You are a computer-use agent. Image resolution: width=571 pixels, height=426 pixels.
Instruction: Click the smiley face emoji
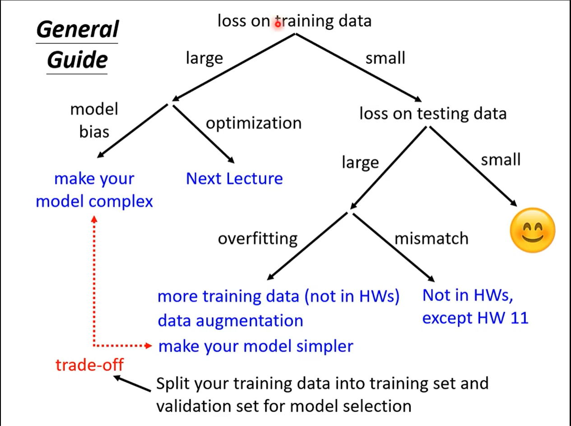pos(532,230)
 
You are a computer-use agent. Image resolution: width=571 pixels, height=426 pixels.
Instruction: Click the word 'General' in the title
pos(77,30)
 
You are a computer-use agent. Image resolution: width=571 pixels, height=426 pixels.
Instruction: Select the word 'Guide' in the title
pos(77,60)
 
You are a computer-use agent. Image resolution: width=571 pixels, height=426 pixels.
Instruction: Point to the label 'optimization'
pos(254,123)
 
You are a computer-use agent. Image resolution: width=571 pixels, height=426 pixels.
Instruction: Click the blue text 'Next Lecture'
pos(234,179)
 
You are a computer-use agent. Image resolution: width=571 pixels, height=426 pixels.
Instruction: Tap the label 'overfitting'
pos(258,238)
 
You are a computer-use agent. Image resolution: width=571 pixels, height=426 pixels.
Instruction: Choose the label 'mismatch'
pos(432,238)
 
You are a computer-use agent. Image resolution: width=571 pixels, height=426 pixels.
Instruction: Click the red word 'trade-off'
pos(89,365)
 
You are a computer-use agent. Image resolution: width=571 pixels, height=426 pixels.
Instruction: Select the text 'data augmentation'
pos(230,321)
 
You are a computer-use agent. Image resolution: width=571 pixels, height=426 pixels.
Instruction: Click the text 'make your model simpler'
pos(255,346)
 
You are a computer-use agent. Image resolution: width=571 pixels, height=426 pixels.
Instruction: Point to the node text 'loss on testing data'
pos(432,113)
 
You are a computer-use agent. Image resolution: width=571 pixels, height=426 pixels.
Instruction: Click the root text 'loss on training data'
pos(294,21)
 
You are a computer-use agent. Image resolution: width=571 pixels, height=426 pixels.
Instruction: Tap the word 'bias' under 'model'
pos(94,132)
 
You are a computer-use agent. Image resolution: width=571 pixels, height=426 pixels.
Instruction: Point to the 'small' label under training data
pos(385,58)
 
